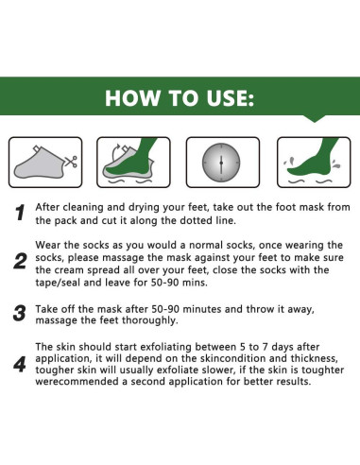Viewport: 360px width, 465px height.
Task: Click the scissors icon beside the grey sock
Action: tap(71, 162)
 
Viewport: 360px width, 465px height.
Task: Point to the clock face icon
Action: tap(221, 163)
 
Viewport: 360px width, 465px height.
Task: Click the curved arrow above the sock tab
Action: tap(116, 150)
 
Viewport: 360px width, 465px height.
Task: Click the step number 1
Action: tap(20, 213)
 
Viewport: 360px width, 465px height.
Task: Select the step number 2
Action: tap(20, 262)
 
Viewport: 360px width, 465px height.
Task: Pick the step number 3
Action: tap(20, 313)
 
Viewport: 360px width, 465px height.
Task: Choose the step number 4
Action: tap(20, 364)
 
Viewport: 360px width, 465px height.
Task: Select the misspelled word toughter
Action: tap(322, 370)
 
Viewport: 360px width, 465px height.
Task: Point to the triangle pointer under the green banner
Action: tap(315, 119)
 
